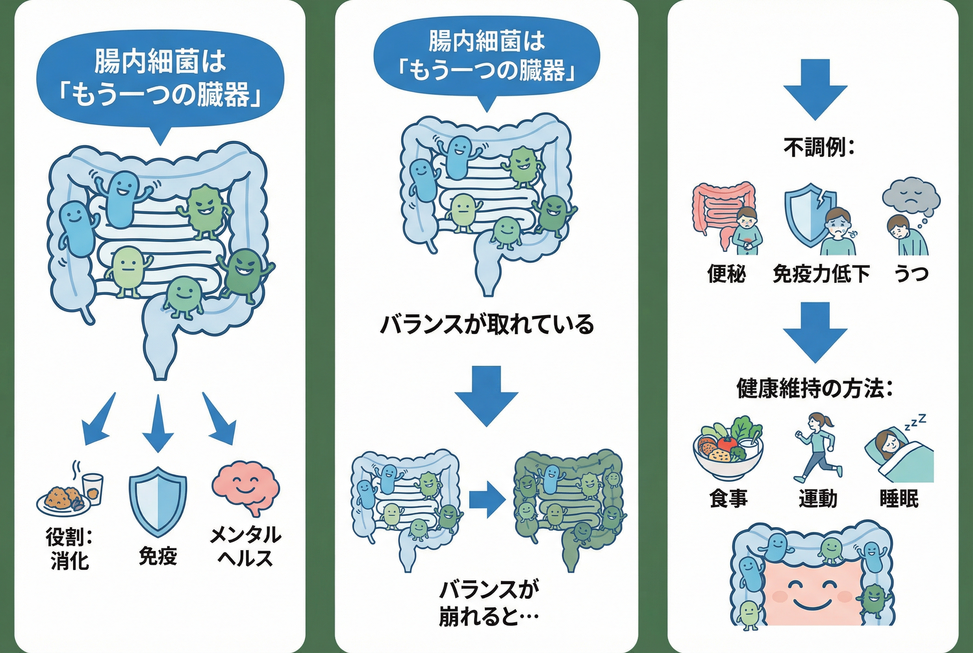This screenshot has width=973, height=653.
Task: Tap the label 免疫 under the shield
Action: click(158, 556)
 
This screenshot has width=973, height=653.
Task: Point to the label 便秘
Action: click(727, 274)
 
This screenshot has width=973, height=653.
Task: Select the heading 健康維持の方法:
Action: click(815, 388)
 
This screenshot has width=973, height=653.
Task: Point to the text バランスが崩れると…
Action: click(489, 603)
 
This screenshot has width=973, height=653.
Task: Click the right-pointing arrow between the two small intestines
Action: click(487, 500)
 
